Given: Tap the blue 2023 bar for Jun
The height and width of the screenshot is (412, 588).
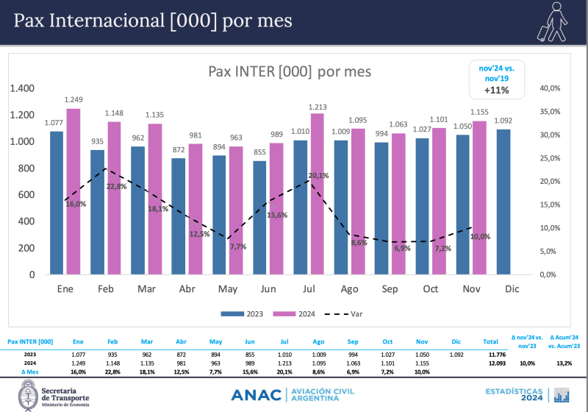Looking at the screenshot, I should (x=260, y=217).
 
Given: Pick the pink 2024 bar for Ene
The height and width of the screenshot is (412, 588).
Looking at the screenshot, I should (x=73, y=191).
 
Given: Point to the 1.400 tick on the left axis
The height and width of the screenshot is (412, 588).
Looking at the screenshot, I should (x=22, y=88).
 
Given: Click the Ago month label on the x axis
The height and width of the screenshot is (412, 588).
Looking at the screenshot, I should (x=349, y=289).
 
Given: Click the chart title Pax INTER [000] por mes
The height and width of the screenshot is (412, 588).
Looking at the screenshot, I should (x=290, y=71).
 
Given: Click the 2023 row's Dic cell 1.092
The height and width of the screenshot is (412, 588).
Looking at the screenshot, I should (x=456, y=355).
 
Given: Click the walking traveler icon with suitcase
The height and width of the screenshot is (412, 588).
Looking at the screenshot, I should (x=551, y=22).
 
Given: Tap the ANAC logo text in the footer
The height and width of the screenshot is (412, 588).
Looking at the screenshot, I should (x=255, y=395).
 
